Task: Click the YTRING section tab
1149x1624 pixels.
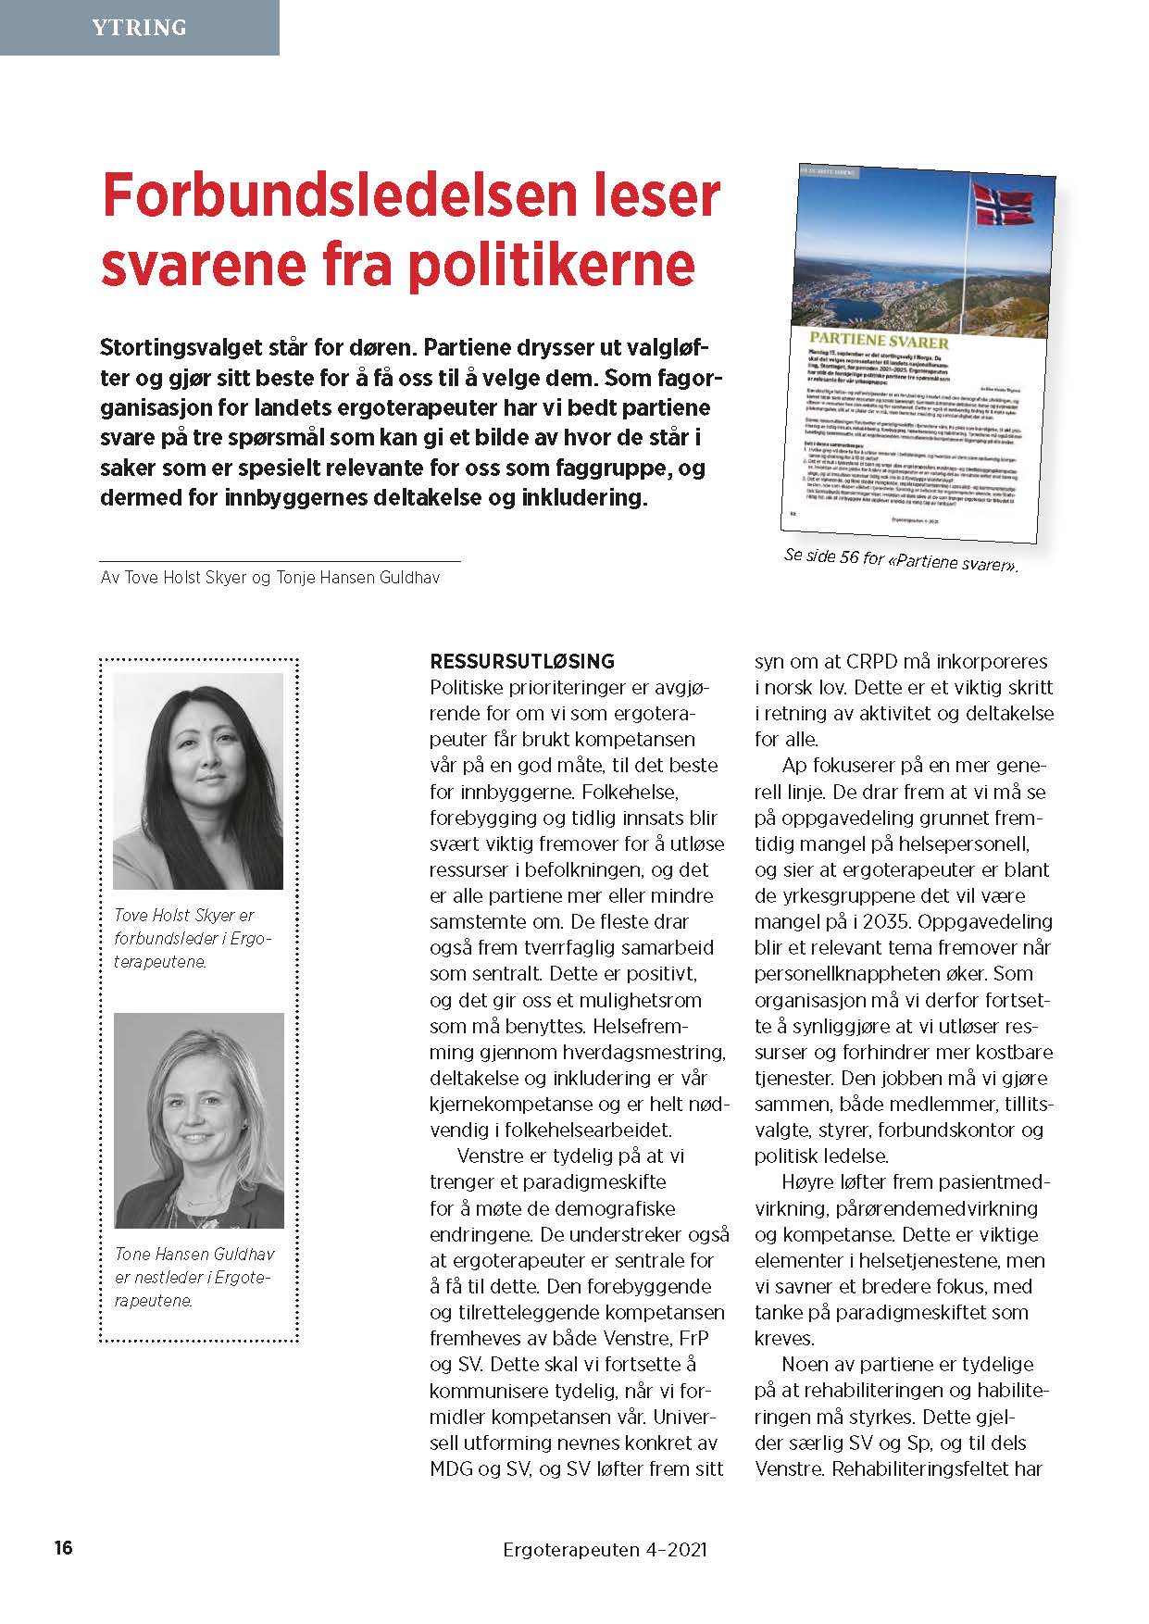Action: pyautogui.click(x=139, y=28)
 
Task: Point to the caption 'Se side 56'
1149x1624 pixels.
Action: pyautogui.click(x=900, y=559)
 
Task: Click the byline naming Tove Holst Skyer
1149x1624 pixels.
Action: pyautogui.click(x=269, y=578)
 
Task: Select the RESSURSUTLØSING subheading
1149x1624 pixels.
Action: pyautogui.click(x=522, y=662)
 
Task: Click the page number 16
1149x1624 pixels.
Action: pyautogui.click(x=63, y=1548)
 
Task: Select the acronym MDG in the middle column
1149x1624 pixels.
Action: pyautogui.click(x=454, y=1468)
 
